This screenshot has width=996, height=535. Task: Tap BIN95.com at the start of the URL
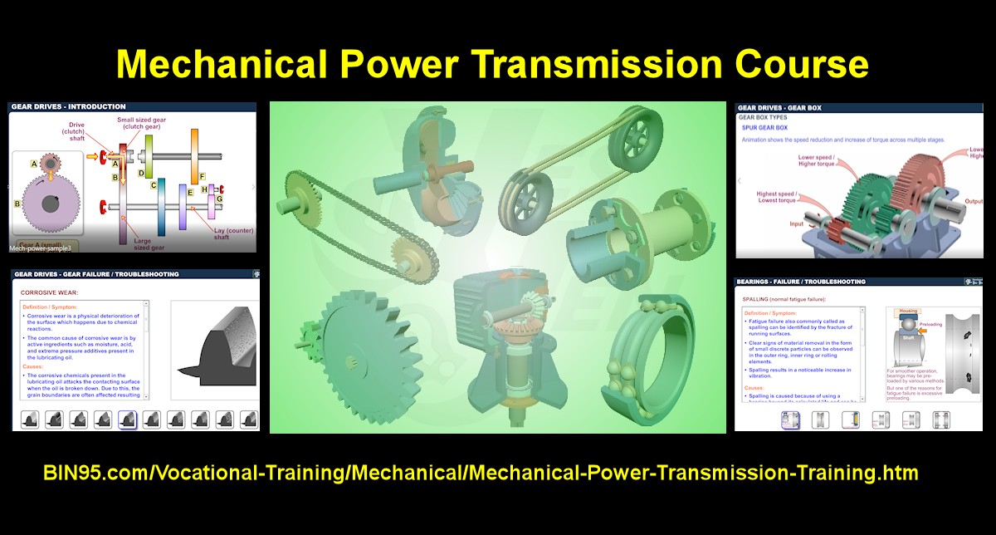(84, 474)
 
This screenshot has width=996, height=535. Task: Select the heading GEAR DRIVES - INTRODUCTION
(69, 107)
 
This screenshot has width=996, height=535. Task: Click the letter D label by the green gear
(141, 174)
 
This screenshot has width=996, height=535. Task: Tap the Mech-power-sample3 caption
(40, 248)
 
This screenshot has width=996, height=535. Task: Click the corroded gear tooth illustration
(212, 349)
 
